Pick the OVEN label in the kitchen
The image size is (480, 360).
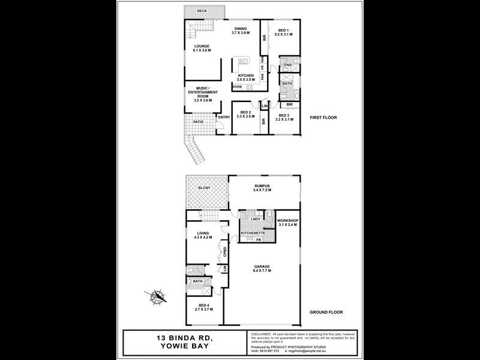pos(237,87)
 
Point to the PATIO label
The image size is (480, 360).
pos(198,122)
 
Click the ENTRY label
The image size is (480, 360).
pos(223,117)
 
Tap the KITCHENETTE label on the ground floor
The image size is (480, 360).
pos(253,233)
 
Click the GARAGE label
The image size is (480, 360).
pos(262,268)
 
